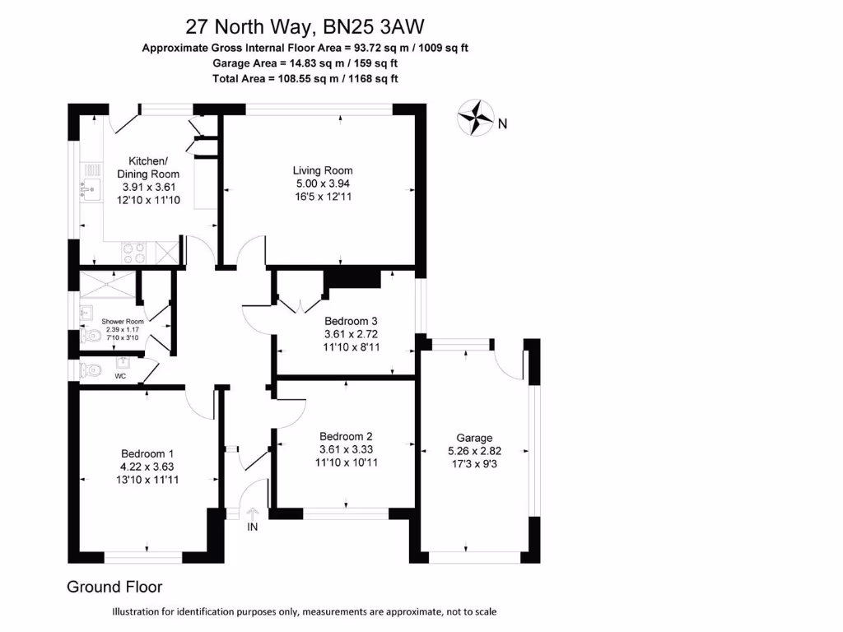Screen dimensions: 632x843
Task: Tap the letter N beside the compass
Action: point(502,124)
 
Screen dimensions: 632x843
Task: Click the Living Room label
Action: point(324,170)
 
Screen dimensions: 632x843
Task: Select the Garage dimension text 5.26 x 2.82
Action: point(474,451)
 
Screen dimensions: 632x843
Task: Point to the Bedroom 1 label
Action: point(147,453)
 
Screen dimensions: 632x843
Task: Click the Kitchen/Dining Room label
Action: point(148,167)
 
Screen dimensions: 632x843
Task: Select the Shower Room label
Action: point(123,321)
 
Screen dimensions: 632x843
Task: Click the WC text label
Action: point(121,376)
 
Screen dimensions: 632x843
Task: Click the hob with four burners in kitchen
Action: point(133,250)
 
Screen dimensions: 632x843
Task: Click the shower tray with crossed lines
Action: point(105,286)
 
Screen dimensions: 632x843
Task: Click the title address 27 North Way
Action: point(247,26)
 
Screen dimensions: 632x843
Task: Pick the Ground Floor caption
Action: point(114,587)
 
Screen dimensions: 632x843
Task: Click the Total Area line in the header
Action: point(305,78)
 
